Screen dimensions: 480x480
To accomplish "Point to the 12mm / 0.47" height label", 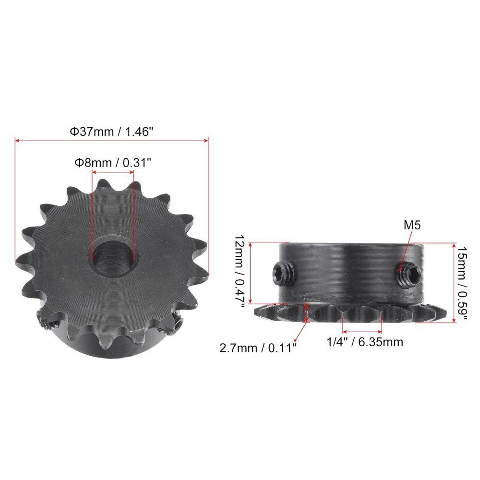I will (240, 272).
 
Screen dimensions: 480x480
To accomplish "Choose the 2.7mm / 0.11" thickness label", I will (258, 347).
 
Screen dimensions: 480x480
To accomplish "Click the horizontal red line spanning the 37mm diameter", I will (112, 141).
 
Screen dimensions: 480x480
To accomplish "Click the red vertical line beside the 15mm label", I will (454, 283).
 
